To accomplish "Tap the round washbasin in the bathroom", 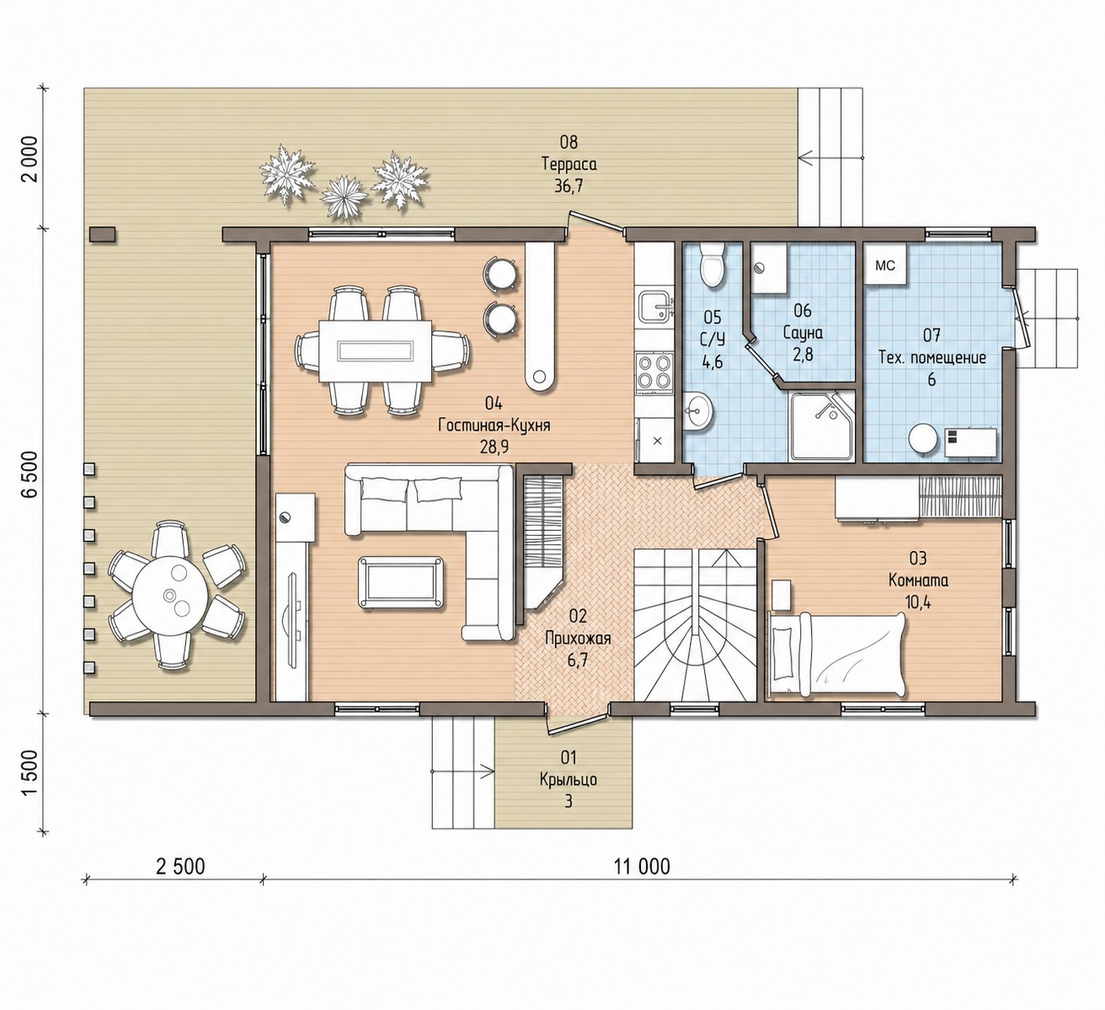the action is pos(698,410).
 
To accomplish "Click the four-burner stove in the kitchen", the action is pos(654,374).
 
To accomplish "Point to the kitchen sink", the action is pos(655,307).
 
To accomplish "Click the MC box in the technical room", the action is pos(885,265).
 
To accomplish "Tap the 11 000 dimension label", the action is pos(643,866).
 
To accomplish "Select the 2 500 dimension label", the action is pos(180,866).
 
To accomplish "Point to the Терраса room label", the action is pos(569,164).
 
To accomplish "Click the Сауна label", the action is pos(803,333).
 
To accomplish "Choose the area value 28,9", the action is pos(494,446).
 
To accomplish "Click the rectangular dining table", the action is pos(375,351).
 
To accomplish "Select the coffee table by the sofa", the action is pos(400,582).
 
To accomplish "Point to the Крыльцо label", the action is pos(569,780).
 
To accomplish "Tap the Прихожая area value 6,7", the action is pos(577,660).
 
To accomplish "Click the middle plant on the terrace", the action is pos(344,197).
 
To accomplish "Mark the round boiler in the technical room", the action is pos(923,440).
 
